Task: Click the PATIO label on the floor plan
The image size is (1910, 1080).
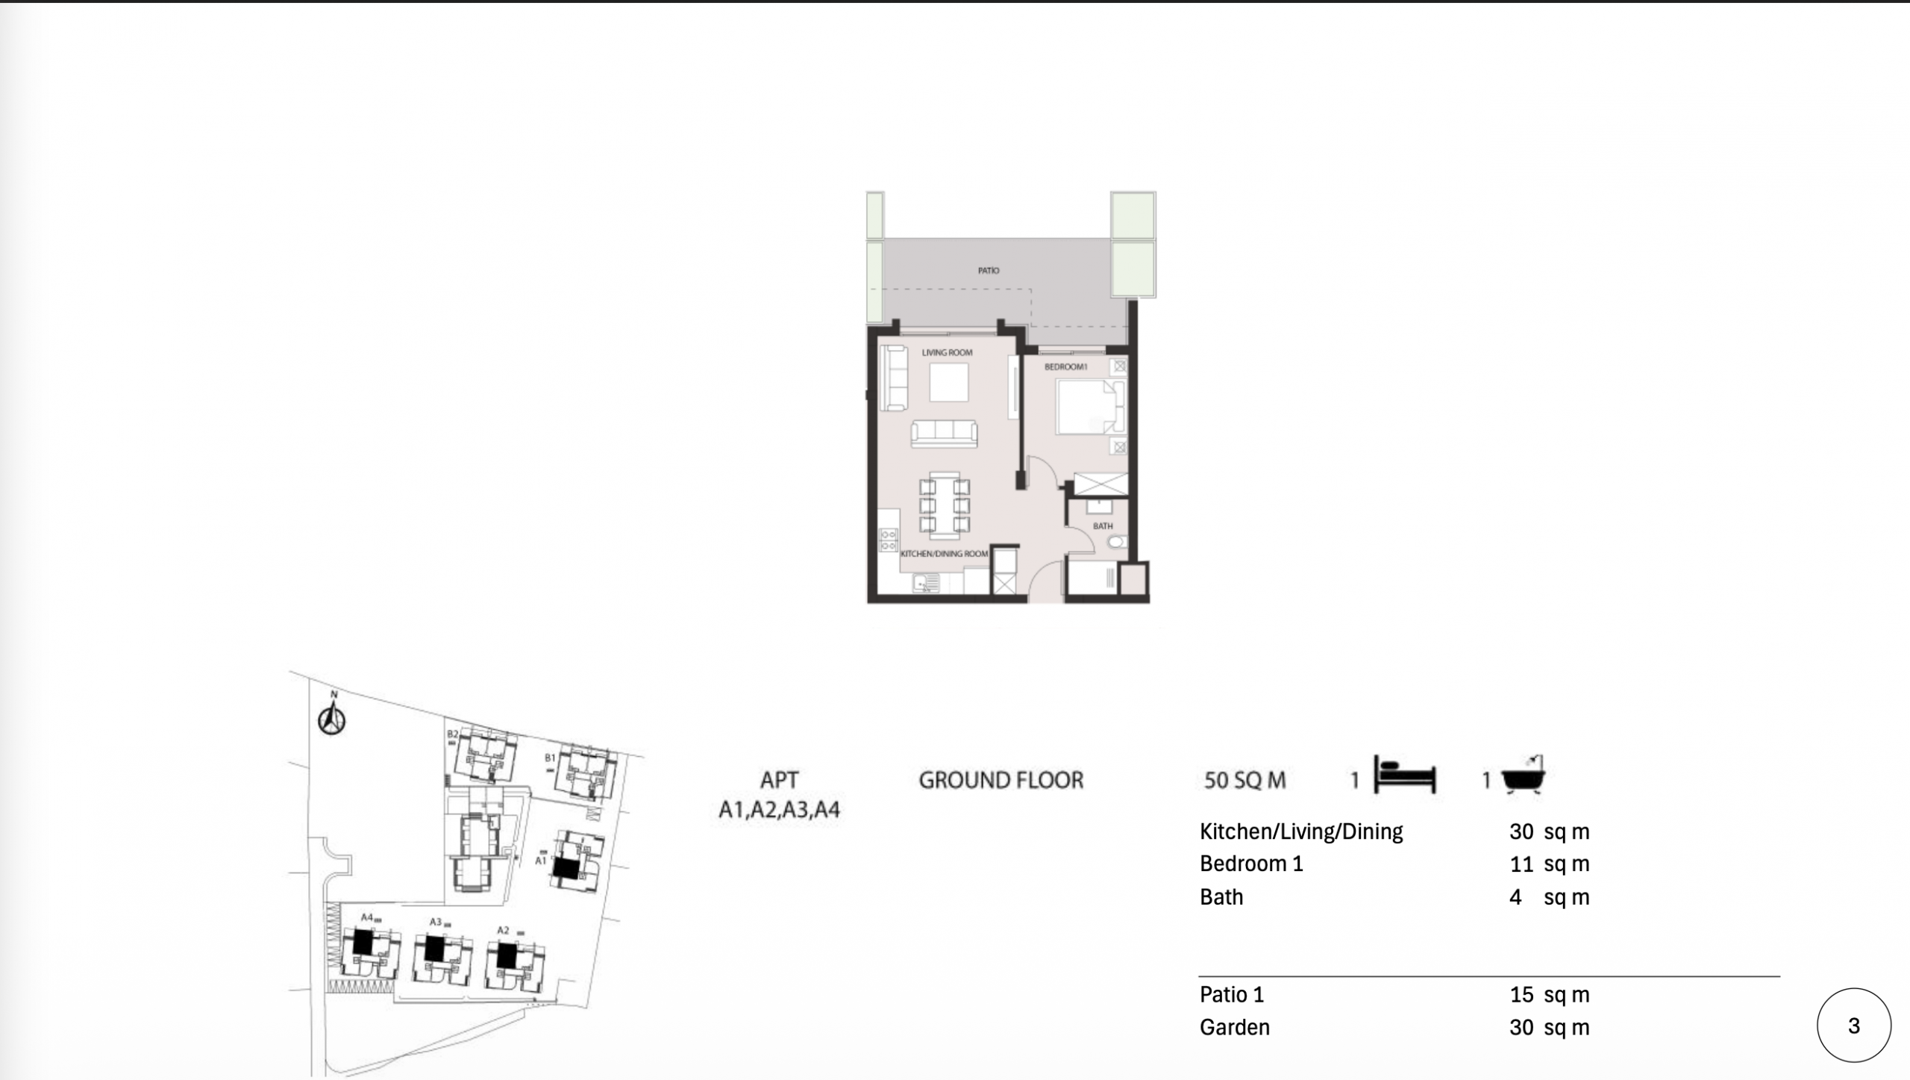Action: (x=989, y=270)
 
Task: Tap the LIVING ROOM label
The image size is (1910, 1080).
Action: (x=947, y=352)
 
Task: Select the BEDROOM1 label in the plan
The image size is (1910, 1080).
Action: (x=1065, y=366)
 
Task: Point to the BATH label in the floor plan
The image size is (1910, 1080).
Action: (x=1103, y=526)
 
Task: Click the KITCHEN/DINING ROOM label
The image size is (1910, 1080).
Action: (x=945, y=554)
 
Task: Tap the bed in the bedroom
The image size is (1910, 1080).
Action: (x=1090, y=407)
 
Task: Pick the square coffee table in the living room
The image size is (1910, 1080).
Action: (x=949, y=382)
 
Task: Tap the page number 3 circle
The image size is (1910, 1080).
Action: (x=1854, y=1026)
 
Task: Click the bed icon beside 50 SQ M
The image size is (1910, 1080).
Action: (x=1404, y=777)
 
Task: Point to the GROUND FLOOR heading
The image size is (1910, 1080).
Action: (x=1001, y=781)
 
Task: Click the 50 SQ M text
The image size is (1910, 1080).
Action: (x=1245, y=781)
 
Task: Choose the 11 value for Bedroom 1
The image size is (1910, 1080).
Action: (x=1521, y=864)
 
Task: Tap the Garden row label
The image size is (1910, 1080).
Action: (x=1235, y=1028)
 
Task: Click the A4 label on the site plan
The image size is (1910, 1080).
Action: (x=366, y=917)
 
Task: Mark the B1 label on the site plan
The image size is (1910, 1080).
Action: (x=550, y=758)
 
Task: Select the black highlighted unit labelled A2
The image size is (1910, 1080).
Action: (x=507, y=955)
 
